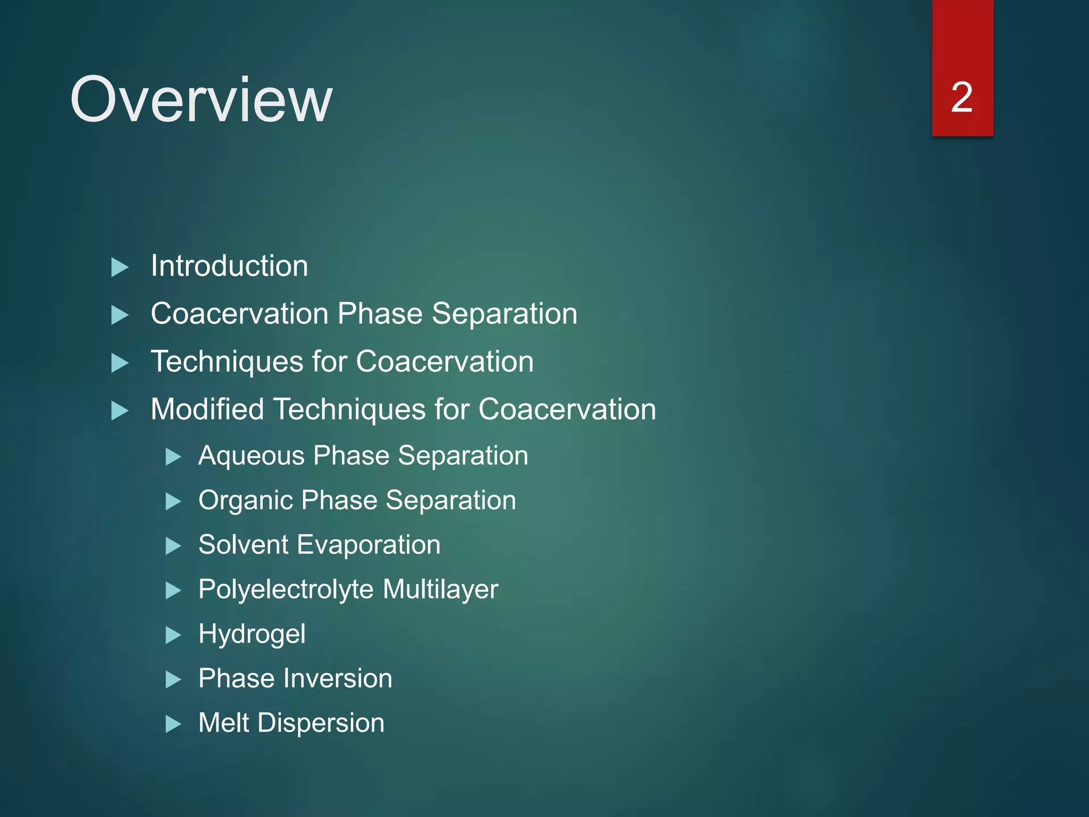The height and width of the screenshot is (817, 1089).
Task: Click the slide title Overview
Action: (x=201, y=99)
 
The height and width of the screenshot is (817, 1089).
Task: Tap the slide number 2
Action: (x=961, y=97)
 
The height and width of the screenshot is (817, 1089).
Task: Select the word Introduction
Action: (x=229, y=266)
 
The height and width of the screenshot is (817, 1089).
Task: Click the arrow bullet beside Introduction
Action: (x=120, y=267)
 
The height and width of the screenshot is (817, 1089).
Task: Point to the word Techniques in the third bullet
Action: (x=227, y=362)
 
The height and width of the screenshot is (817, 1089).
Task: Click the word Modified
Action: (x=207, y=410)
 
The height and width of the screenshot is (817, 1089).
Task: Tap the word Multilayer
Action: (x=440, y=590)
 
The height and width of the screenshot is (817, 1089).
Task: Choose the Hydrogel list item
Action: (x=252, y=635)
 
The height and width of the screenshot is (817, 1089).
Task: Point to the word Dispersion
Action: (x=321, y=723)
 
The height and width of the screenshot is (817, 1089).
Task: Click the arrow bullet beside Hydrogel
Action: (x=173, y=635)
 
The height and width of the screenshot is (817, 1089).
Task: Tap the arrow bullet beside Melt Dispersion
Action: (x=173, y=724)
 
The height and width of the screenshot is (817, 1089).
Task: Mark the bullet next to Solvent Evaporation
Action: (x=173, y=546)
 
